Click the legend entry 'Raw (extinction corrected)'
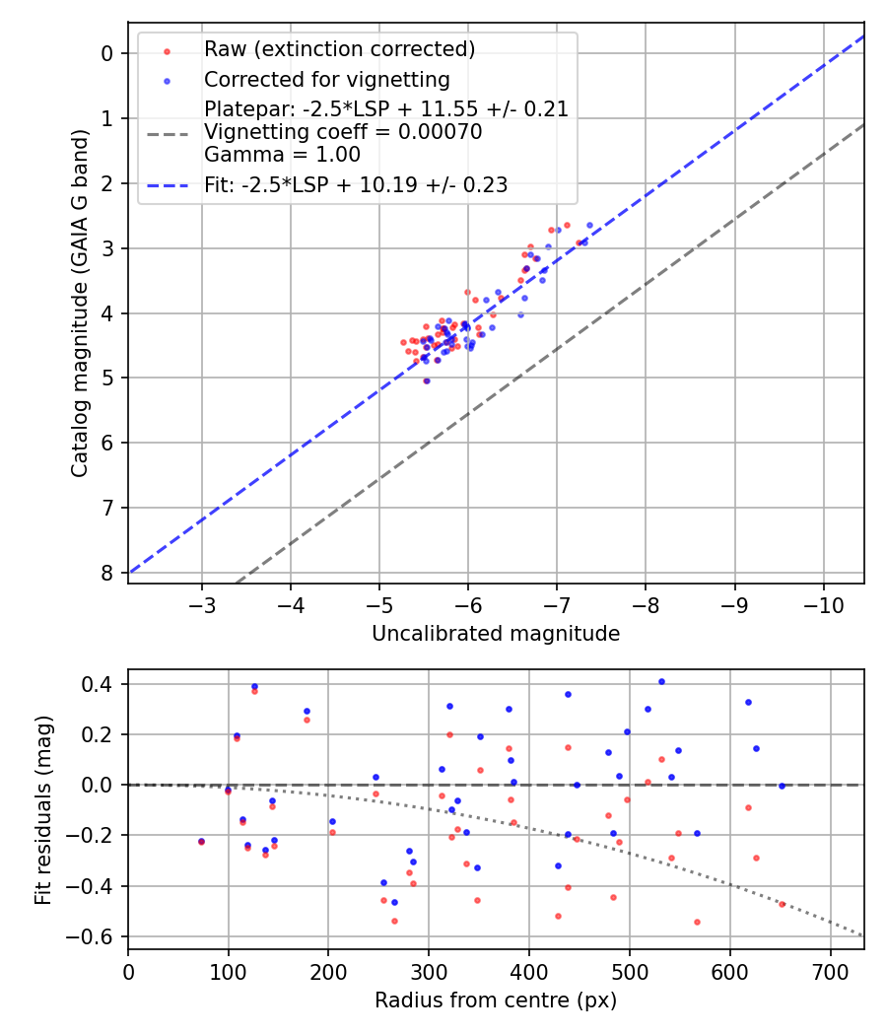tap(339, 48)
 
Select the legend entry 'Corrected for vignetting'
tap(326, 79)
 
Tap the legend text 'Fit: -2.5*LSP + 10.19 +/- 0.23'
tap(356, 184)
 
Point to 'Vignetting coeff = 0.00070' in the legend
tap(343, 132)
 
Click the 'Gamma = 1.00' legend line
tap(282, 155)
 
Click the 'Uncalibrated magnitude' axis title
tap(496, 634)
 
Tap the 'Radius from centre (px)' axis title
tap(496, 1000)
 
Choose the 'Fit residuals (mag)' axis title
tap(42, 810)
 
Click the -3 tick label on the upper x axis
tap(202, 601)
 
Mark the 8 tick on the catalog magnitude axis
tap(108, 573)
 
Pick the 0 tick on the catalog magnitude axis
tap(108, 53)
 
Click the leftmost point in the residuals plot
tap(201, 841)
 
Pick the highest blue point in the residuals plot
tap(661, 681)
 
